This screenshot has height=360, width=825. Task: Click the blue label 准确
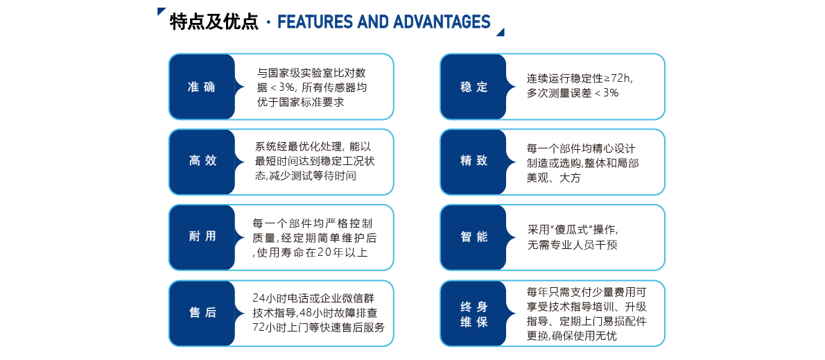[202, 87]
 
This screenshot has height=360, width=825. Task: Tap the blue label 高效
[202, 161]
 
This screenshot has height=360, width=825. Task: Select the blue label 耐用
[202, 237]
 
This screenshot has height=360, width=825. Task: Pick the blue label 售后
[202, 313]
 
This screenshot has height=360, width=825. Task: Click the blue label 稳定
[474, 87]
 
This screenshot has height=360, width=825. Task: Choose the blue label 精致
[474, 161]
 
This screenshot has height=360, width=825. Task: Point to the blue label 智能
[474, 237]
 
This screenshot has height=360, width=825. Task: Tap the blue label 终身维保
[474, 313]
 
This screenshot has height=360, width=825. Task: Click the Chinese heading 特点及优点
[214, 22]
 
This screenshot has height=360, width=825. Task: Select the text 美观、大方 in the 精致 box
[553, 178]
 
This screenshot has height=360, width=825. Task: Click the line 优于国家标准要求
[300, 102]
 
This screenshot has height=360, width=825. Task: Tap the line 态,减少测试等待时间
[306, 176]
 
